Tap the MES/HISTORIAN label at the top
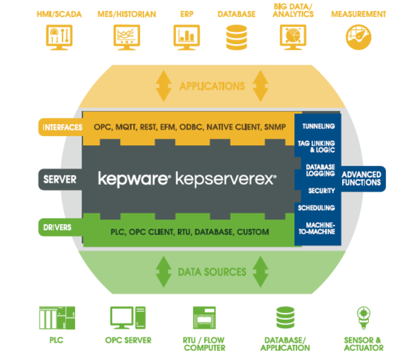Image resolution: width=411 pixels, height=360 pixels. (127, 14)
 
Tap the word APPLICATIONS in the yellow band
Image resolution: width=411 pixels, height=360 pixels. (212, 86)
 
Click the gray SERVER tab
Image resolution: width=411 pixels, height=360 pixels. (60, 179)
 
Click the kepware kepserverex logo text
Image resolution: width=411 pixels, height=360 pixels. (187, 179)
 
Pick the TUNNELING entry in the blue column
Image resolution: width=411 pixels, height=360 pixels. (318, 126)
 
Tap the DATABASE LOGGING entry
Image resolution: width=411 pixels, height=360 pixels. (319, 170)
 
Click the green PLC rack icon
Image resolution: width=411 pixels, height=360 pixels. (57, 318)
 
